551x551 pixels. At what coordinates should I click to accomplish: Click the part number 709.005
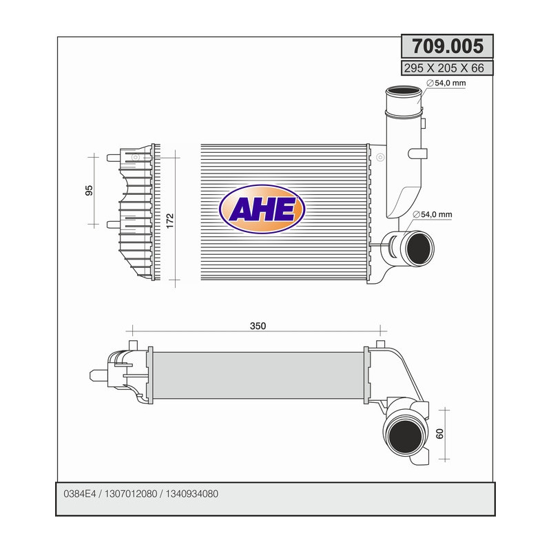[447, 46]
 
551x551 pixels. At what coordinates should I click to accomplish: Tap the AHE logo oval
[261, 209]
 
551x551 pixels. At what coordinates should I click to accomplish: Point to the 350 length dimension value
[258, 326]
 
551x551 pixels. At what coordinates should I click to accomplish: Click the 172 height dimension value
[170, 220]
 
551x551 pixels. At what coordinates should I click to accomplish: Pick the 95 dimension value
[89, 190]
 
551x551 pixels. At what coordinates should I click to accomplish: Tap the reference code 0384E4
[80, 495]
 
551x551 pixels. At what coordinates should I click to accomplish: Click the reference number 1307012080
[131, 495]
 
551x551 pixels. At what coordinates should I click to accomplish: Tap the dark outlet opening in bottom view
[404, 435]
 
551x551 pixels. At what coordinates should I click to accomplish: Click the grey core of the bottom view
[258, 375]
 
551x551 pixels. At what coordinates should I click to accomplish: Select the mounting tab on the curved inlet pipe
[417, 152]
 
